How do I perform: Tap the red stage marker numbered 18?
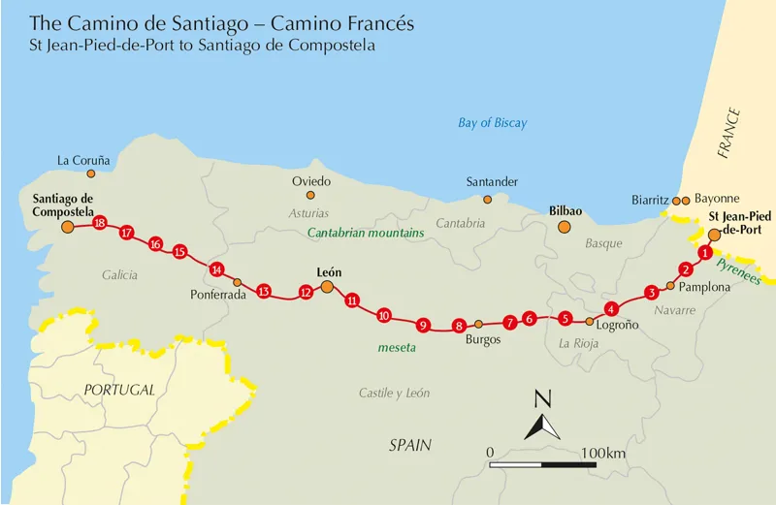coord(99,223)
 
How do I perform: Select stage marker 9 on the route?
coord(422,325)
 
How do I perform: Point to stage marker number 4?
coord(611,309)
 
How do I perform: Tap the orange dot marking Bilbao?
coord(564,227)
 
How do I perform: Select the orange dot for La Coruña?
coord(91,174)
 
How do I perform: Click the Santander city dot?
coord(487,199)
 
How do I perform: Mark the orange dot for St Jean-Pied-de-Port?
coord(715,234)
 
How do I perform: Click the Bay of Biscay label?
coord(493,123)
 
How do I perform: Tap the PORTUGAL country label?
coord(119,389)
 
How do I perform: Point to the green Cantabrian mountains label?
coord(367,234)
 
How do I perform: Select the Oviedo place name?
coord(311,181)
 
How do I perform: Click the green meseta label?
coord(397,347)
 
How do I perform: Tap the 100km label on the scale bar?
coord(603,453)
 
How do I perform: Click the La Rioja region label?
coord(580,343)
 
